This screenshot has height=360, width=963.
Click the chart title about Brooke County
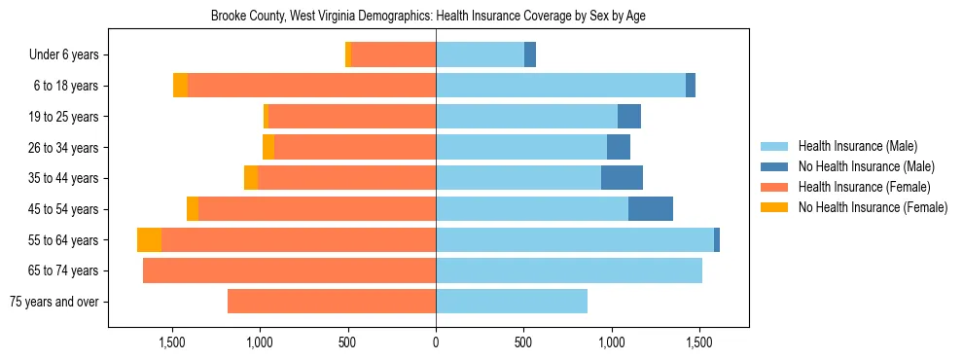[428, 17]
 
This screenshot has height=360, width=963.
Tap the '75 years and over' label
[53, 302]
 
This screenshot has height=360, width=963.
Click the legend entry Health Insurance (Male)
[856, 146]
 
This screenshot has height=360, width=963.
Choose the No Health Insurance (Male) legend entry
[865, 166]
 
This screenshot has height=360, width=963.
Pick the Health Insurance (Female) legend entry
[863, 187]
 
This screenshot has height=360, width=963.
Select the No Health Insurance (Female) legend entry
[872, 207]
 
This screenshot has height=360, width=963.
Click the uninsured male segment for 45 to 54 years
[651, 209]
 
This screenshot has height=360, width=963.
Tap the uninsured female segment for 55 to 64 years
[149, 240]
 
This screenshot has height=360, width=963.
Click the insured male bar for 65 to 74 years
[569, 270]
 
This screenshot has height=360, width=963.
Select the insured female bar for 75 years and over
[332, 302]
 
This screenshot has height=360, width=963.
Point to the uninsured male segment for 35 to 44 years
[622, 178]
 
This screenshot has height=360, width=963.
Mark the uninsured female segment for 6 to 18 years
[180, 86]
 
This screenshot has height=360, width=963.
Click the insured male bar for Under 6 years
[480, 54]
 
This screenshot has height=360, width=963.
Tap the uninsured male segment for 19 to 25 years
[629, 117]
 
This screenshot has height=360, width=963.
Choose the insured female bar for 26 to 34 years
[355, 147]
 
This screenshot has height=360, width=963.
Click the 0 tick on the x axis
[436, 342]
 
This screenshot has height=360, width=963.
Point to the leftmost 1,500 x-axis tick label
[172, 342]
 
